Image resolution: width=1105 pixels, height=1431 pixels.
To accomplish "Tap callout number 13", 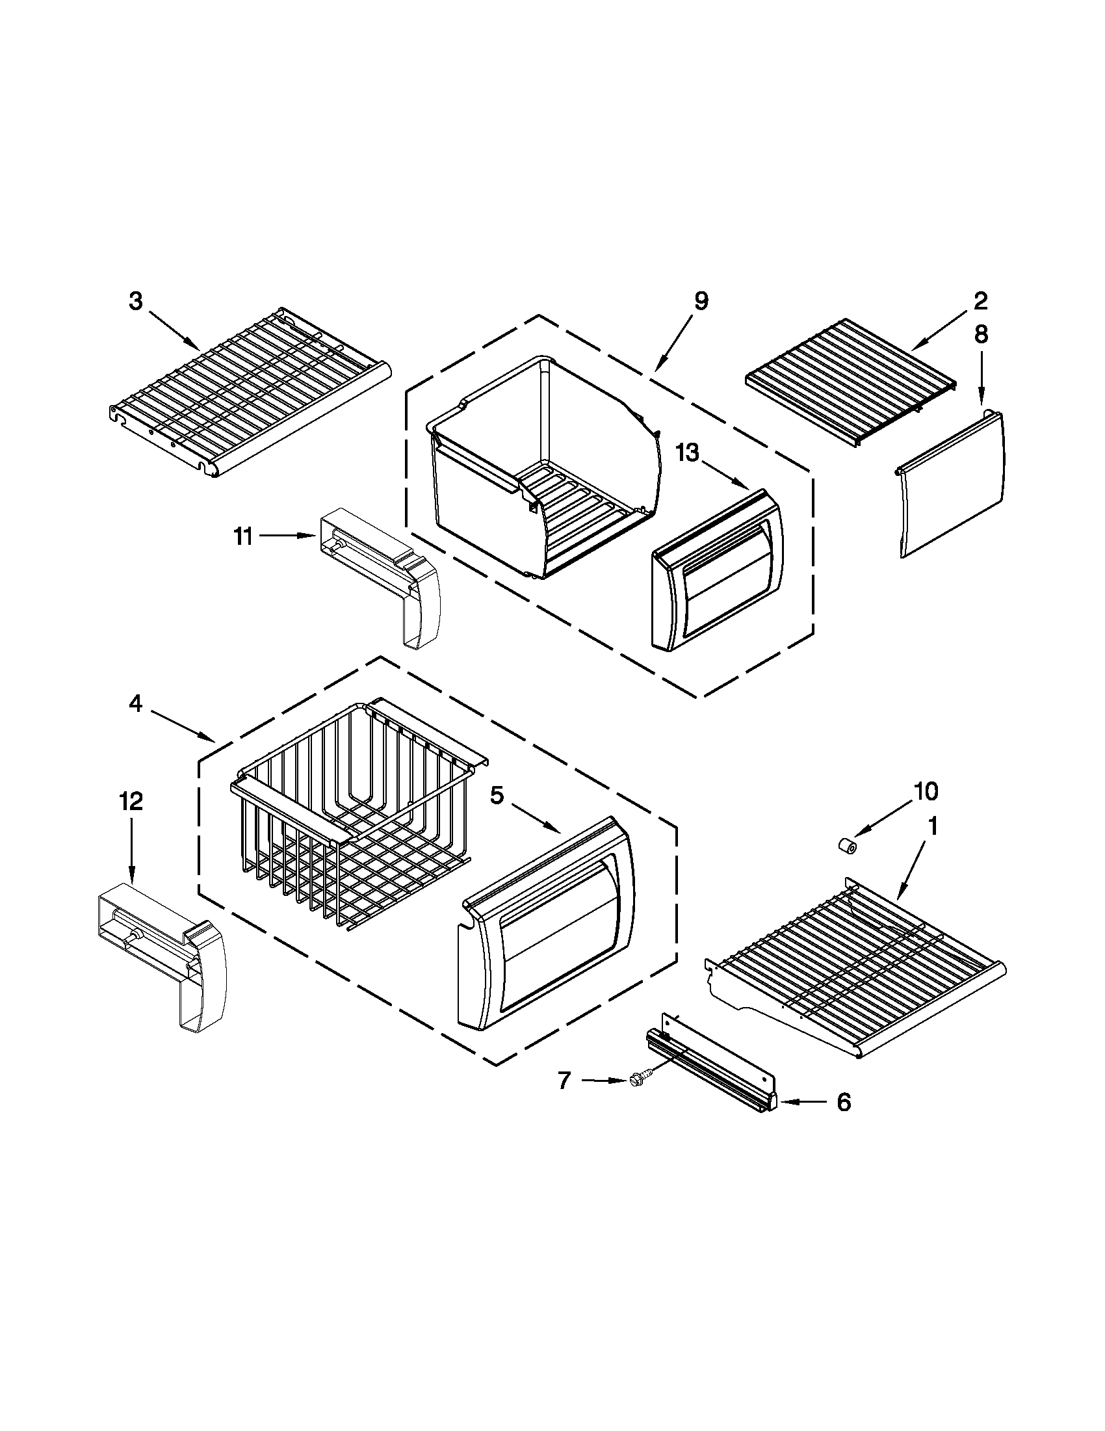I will click(x=687, y=452).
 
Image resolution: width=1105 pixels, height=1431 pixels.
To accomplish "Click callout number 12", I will click(x=131, y=802).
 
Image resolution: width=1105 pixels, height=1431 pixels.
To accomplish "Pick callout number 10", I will click(x=926, y=791).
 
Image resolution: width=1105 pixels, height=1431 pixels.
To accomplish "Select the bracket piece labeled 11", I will click(x=380, y=564).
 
